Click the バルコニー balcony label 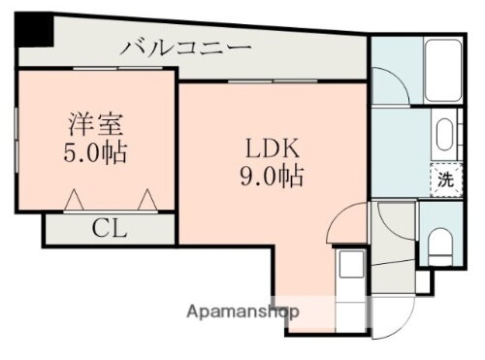(188, 48)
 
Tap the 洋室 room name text (97, 125)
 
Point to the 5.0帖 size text (97, 153)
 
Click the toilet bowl (441, 243)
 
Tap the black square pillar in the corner (33, 35)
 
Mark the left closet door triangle (74, 200)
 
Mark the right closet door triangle (148, 200)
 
